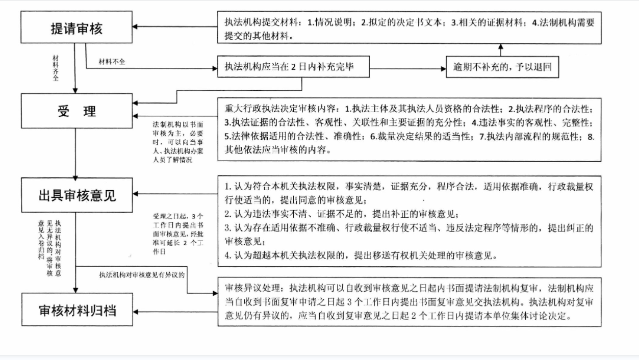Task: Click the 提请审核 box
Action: coord(76,28)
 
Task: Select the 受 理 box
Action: coord(76,111)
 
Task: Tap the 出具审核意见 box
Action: coord(76,195)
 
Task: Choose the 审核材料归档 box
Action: coord(76,310)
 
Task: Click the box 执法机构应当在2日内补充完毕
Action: coord(293,67)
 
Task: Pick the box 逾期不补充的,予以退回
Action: coord(500,67)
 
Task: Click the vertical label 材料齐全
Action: coord(56,68)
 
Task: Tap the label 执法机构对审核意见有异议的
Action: coord(141,274)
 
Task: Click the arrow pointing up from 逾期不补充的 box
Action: coord(500,49)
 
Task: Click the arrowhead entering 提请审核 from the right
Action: coord(137,28)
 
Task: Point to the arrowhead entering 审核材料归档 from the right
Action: coord(137,311)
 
